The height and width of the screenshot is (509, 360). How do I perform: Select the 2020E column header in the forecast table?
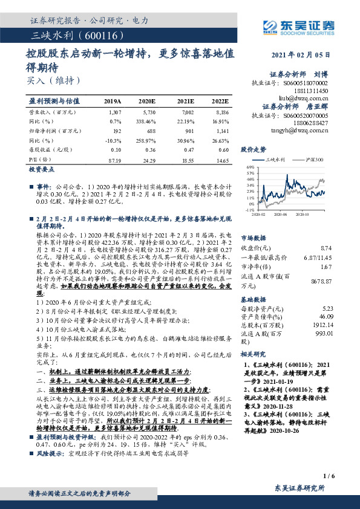[146, 101]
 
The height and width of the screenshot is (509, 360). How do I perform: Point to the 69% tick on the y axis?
[250, 166]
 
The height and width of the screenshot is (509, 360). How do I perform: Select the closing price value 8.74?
[326, 248]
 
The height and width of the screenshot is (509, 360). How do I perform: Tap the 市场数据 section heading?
[254, 238]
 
